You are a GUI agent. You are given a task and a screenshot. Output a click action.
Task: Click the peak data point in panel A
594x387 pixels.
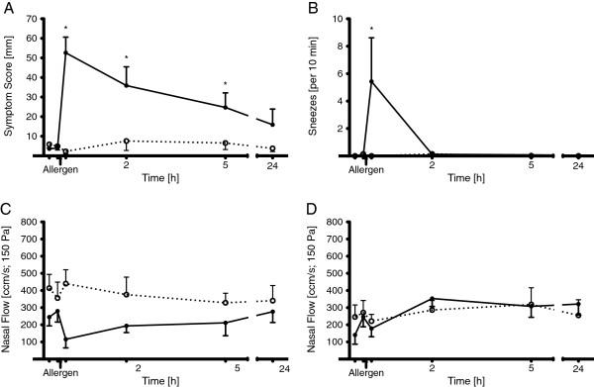(66, 52)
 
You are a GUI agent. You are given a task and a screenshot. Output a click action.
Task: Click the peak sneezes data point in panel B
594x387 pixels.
(371, 81)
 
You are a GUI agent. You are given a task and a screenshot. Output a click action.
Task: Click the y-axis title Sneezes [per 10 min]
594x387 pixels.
(316, 87)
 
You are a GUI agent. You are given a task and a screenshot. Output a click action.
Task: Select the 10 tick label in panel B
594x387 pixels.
(337, 19)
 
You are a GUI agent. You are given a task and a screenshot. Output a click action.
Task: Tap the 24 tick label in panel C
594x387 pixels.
(272, 366)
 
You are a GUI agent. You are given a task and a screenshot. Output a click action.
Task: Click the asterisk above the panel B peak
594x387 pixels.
(371, 30)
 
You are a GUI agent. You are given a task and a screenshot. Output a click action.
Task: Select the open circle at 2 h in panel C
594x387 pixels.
(126, 294)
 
